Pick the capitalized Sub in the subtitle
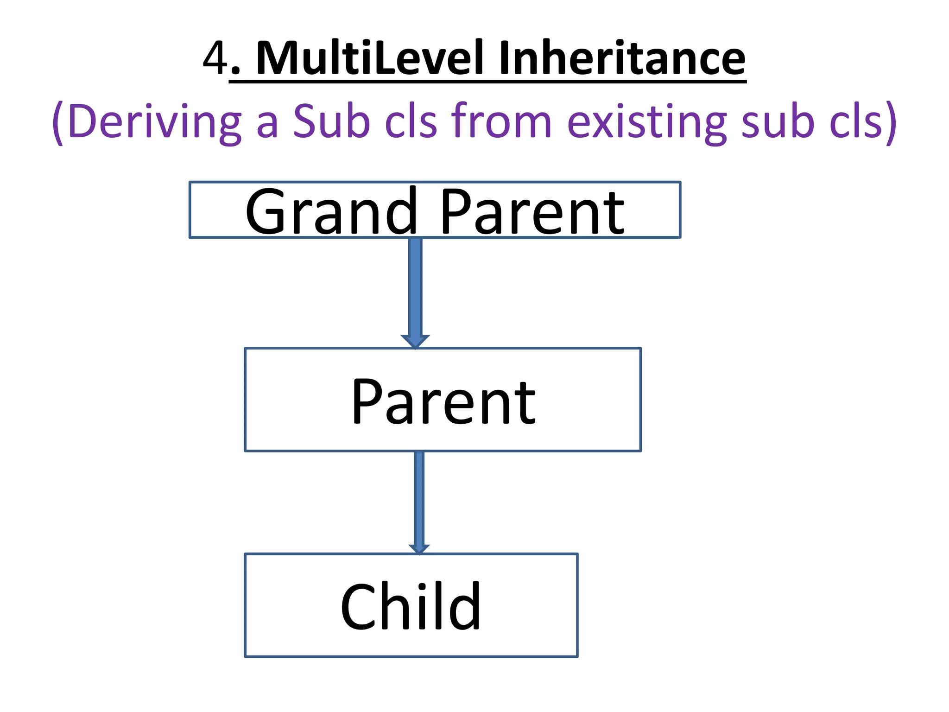pos(332,121)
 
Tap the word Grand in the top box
pos(331,211)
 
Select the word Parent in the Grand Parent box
pos(532,212)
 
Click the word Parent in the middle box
pos(443,401)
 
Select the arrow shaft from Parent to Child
pos(419,498)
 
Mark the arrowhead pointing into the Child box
pos(419,549)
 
